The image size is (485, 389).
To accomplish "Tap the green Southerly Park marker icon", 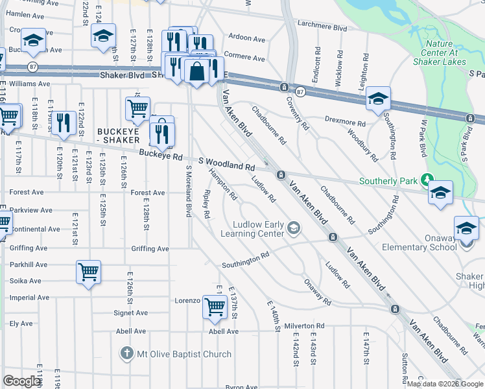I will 427,180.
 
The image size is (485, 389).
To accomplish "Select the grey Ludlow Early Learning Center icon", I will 294,227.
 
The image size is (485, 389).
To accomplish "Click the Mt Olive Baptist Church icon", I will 126,354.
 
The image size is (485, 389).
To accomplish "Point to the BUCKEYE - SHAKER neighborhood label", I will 118,136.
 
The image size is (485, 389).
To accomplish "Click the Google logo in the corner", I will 22,381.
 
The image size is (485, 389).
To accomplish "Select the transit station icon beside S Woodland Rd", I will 281,174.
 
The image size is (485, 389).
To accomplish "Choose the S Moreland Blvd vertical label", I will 189,191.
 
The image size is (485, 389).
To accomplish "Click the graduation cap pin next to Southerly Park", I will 440,193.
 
